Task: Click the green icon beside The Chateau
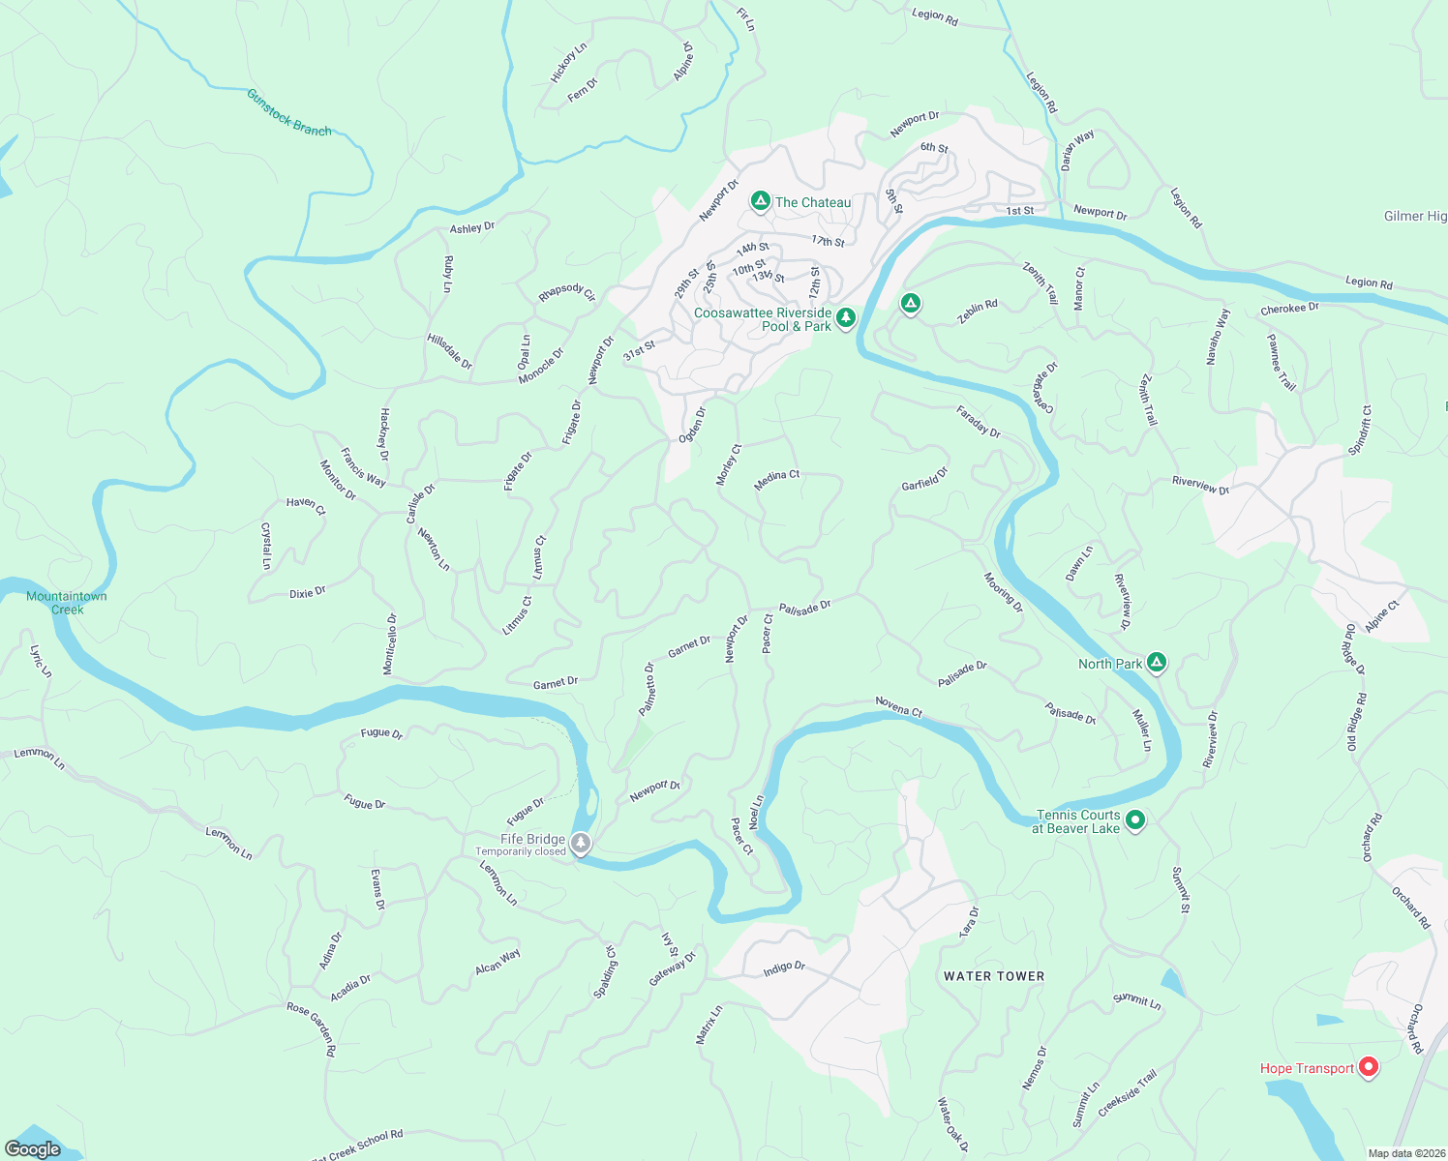(x=761, y=201)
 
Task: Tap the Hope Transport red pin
(x=1368, y=1067)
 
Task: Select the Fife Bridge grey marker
(x=581, y=844)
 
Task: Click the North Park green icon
(x=1156, y=663)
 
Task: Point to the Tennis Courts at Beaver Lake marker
(x=1135, y=820)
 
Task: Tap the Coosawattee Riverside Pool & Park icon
(x=846, y=317)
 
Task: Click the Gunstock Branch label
(x=288, y=112)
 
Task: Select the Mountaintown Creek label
(x=67, y=603)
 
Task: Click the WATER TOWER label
(x=994, y=976)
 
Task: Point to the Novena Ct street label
(x=899, y=706)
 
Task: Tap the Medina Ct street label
(x=777, y=481)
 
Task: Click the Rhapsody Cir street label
(x=567, y=292)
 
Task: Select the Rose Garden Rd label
(x=312, y=1028)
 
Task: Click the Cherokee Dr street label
(x=1289, y=310)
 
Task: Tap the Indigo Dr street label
(x=784, y=967)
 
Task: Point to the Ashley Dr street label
(x=472, y=227)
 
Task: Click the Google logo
(x=33, y=1149)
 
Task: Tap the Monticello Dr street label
(x=390, y=644)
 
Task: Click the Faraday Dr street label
(x=979, y=422)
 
